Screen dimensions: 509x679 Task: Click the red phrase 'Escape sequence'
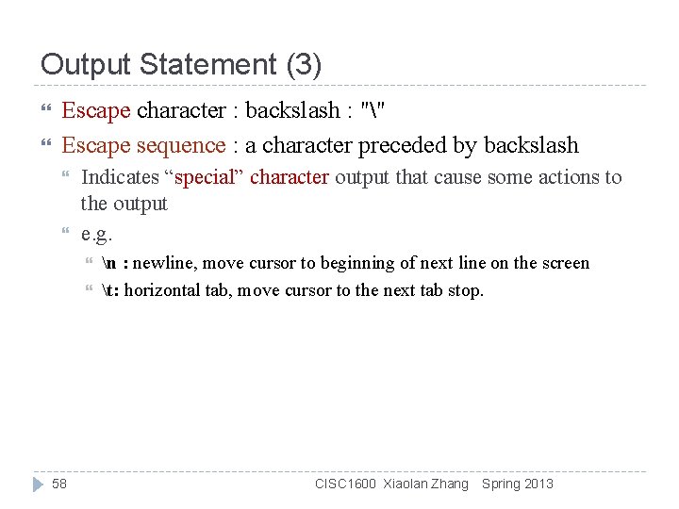pos(143,145)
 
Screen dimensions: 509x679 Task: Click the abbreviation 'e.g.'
pos(97,233)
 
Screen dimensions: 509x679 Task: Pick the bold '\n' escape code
pos(108,263)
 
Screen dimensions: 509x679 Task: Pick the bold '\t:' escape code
pos(110,290)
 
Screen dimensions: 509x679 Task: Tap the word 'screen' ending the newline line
pos(563,263)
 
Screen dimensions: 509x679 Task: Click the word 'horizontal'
pos(161,290)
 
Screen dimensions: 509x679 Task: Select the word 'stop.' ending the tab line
pos(464,290)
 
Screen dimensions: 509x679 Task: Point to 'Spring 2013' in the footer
pos(518,484)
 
